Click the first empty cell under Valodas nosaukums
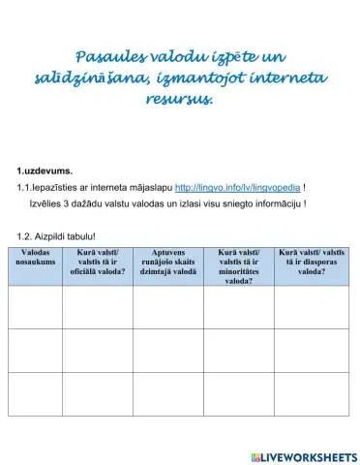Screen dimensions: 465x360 pyautogui.click(x=36, y=308)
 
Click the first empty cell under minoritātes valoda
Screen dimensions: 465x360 pyautogui.click(x=238, y=308)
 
